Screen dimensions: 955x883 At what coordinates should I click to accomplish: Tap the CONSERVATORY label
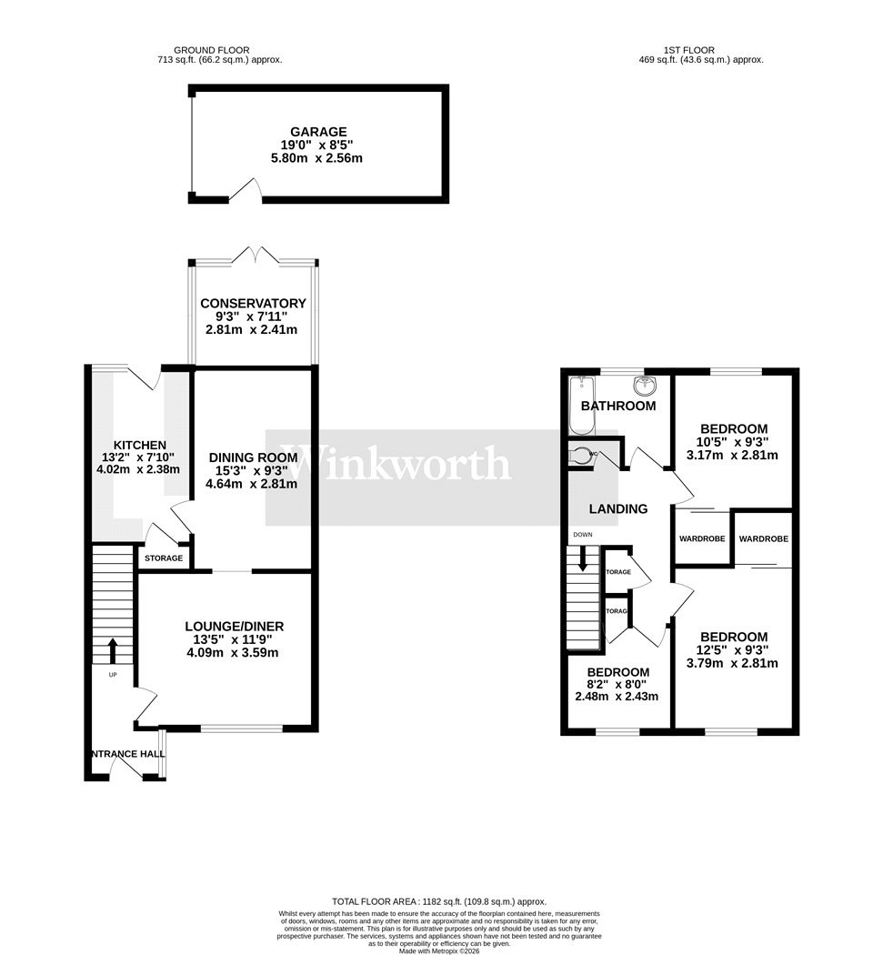point(253,303)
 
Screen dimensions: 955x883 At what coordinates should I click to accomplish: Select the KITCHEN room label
point(139,444)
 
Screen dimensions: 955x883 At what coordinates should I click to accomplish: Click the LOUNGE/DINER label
point(234,626)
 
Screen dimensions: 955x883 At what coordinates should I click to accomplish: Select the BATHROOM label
point(618,406)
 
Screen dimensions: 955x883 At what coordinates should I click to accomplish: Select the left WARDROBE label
point(702,538)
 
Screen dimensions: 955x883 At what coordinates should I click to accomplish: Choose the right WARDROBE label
point(762,538)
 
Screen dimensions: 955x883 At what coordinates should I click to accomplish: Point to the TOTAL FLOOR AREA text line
point(440,900)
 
